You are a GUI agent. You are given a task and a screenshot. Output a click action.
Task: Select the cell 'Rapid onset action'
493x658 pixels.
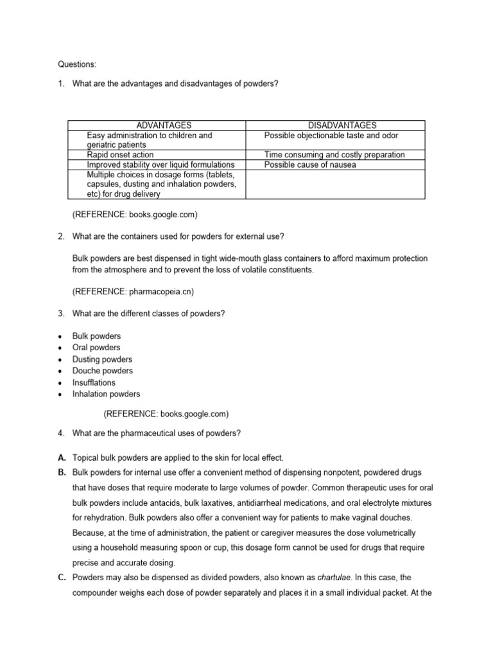click(x=120, y=155)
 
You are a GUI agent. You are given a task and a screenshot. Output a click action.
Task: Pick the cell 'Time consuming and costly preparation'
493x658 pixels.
click(x=334, y=155)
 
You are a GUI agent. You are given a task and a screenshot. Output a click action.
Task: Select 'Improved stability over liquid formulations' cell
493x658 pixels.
click(x=160, y=164)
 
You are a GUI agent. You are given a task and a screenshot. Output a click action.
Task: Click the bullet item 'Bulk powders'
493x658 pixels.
click(x=96, y=336)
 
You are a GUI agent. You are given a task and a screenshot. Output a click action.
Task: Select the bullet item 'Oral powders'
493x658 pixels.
click(x=96, y=348)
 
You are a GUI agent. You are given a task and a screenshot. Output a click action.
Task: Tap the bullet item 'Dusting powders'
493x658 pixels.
click(x=102, y=359)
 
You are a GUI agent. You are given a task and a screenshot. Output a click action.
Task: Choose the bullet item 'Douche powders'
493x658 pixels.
click(x=103, y=371)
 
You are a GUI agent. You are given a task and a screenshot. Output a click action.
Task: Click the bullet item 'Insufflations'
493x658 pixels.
click(x=94, y=382)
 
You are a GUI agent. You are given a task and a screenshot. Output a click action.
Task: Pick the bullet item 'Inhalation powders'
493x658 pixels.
click(x=106, y=394)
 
